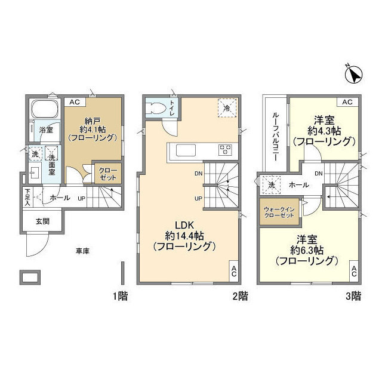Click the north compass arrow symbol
[354, 75]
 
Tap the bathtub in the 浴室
[43, 112]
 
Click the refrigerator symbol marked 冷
[227, 108]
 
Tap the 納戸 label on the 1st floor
[91, 119]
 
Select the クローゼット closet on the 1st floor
[109, 174]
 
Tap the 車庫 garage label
[82, 252]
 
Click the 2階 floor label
[240, 296]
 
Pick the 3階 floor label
[352, 296]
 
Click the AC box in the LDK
[234, 270]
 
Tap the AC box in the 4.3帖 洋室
[348, 102]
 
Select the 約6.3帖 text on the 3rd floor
[307, 250]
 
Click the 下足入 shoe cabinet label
[27, 197]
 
